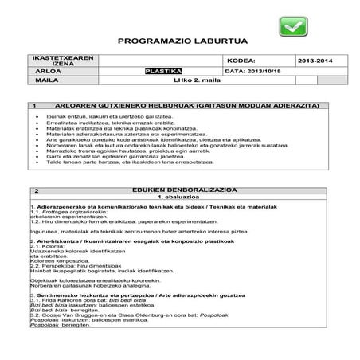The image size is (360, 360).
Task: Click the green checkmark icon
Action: pyautogui.click(x=292, y=29)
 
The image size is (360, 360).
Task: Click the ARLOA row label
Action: pyautogui.click(x=51, y=70)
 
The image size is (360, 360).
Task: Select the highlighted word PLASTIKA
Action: pyautogui.click(x=164, y=70)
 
